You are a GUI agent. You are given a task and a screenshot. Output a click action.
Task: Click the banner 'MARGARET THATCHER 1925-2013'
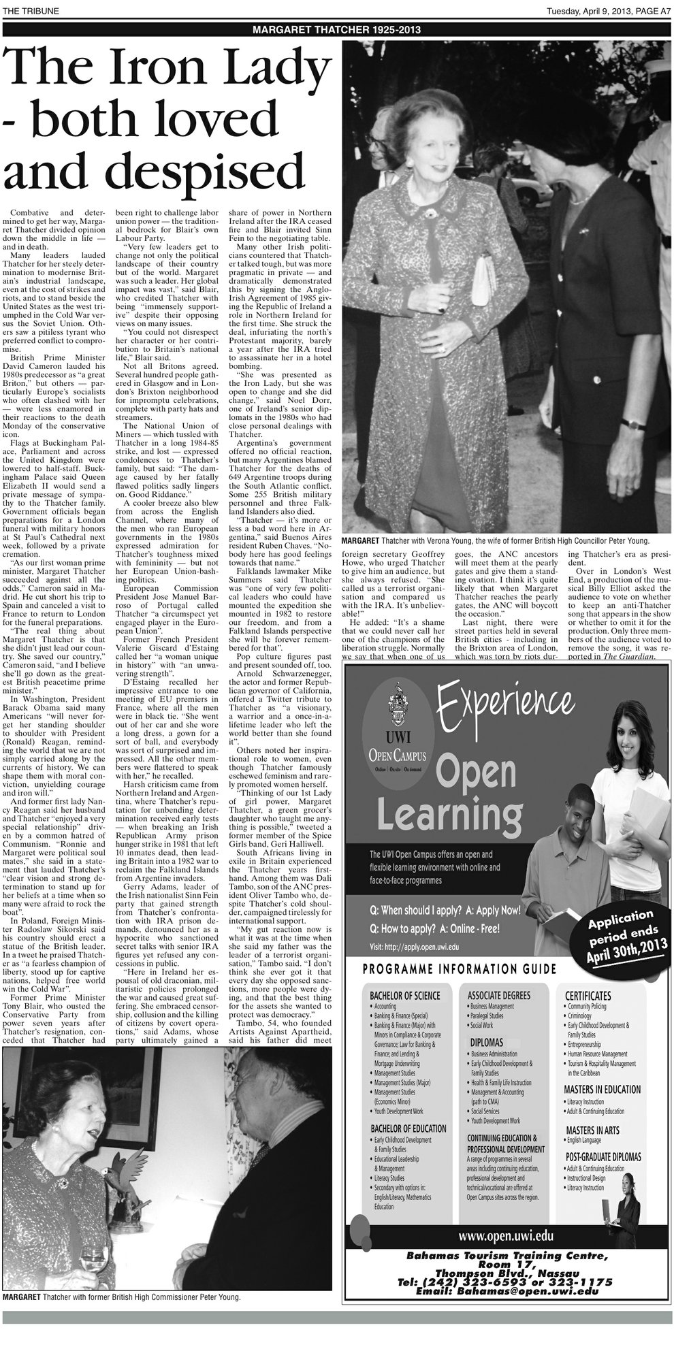[336, 30]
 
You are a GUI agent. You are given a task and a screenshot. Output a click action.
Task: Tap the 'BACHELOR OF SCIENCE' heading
[404, 995]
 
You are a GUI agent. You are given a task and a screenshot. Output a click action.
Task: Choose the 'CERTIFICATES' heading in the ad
[588, 995]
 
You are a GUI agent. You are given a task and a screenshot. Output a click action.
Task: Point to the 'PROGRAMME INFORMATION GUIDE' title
[460, 969]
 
